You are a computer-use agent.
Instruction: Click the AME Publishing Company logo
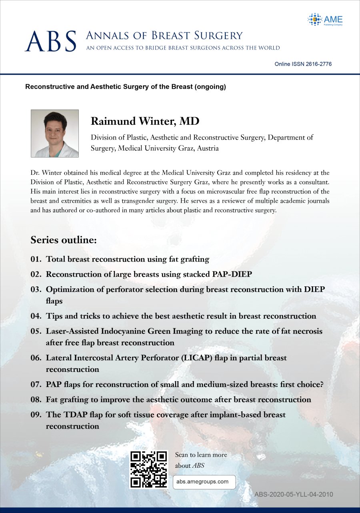tap(325, 19)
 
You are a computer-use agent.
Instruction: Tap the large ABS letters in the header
tap(50, 41)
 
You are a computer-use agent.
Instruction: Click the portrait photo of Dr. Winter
tap(55, 134)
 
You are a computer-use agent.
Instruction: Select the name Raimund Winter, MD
tap(145, 121)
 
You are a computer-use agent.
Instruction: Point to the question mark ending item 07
tap(322, 385)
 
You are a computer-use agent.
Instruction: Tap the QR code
tap(149, 469)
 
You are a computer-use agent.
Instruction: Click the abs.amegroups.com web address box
tap(204, 482)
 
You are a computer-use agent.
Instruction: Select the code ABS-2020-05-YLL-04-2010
tap(294, 495)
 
